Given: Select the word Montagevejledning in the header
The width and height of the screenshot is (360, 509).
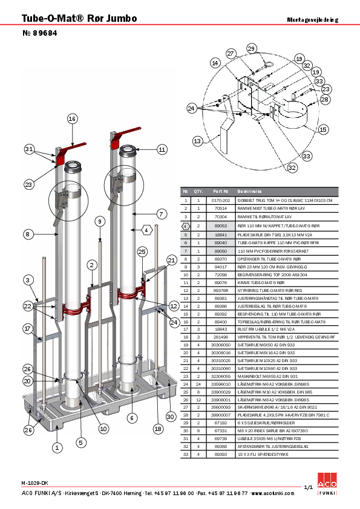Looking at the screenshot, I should (x=313, y=20).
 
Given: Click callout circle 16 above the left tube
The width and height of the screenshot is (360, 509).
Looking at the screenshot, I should (x=72, y=119).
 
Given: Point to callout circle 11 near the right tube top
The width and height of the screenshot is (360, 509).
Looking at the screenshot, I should (x=162, y=149).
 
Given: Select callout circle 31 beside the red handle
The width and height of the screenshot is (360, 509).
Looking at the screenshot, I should (x=29, y=149).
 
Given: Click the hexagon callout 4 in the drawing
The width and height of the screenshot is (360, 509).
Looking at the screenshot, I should (x=147, y=230).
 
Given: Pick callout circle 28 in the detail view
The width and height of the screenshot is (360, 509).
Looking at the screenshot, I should (x=325, y=99).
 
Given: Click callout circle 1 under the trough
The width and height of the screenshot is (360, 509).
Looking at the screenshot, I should (x=57, y=448).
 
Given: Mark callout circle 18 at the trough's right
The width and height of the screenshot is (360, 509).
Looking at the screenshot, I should (x=158, y=429).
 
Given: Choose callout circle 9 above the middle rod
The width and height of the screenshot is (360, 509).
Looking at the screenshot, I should (x=100, y=222).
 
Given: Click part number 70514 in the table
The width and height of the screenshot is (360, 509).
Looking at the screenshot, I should (x=220, y=207).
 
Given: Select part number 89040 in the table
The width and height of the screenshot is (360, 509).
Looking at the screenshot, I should (x=220, y=242).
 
